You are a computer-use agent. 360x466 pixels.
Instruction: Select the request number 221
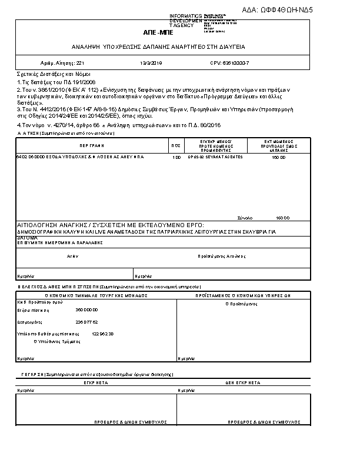(x=81, y=62)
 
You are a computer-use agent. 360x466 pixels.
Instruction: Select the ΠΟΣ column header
(x=175, y=145)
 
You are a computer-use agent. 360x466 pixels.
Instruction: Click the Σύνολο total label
(x=244, y=217)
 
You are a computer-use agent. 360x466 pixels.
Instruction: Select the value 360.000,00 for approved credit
(x=87, y=309)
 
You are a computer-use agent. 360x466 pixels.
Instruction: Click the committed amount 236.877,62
(x=87, y=322)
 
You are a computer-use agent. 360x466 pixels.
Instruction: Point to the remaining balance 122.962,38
(x=103, y=334)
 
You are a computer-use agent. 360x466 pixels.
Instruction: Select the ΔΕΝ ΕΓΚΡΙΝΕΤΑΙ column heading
(x=242, y=382)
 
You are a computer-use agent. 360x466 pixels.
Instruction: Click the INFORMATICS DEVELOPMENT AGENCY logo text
(x=185, y=21)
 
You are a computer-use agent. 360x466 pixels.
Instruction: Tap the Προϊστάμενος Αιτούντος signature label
(x=221, y=257)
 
